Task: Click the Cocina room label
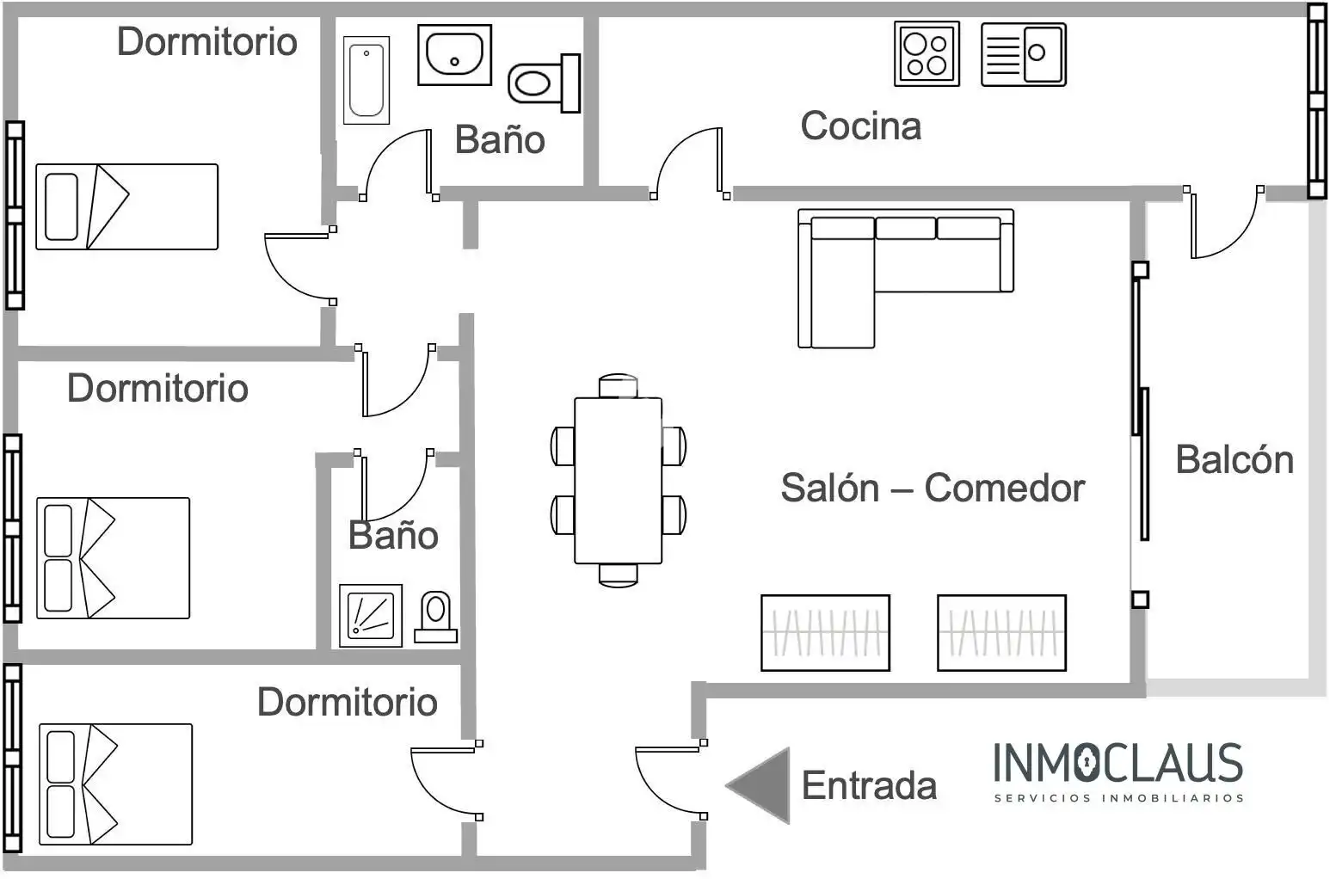pyautogui.click(x=860, y=126)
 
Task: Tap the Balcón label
pyautogui.click(x=1234, y=460)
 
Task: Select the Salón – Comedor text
pyautogui.click(x=933, y=488)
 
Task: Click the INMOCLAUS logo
pyautogui.click(x=1118, y=771)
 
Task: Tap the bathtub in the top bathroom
pyautogui.click(x=366, y=80)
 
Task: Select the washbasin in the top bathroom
pyautogui.click(x=454, y=55)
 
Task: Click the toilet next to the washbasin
pyautogui.click(x=544, y=83)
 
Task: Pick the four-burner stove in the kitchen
pyautogui.click(x=927, y=53)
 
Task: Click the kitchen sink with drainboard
pyautogui.click(x=1024, y=54)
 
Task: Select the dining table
pyautogui.click(x=618, y=481)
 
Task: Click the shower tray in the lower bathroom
pyautogui.click(x=371, y=616)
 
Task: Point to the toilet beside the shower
pyautogui.click(x=436, y=617)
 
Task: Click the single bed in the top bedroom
pyautogui.click(x=127, y=206)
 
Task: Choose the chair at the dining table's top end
pyautogui.click(x=618, y=385)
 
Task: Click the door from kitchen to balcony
pyautogui.click(x=1222, y=223)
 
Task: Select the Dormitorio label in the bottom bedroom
pyautogui.click(x=348, y=701)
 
